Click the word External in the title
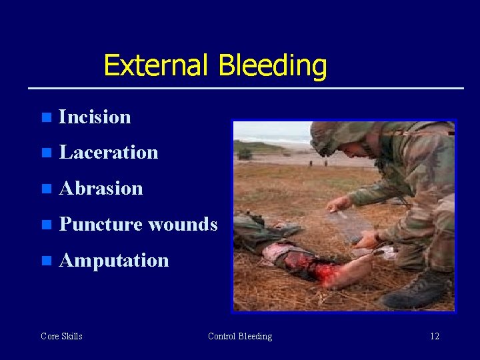[x=157, y=65]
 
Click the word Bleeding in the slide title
[x=273, y=67]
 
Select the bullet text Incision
[x=95, y=117]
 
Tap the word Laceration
[x=109, y=152]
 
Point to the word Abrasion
[x=101, y=188]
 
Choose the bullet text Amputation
[x=113, y=260]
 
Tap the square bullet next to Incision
[x=45, y=117]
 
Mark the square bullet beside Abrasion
[x=45, y=189]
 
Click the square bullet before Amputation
[x=45, y=261]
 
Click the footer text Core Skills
[x=61, y=336]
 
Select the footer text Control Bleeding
[x=240, y=336]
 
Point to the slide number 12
[x=435, y=336]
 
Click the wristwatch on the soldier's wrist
[x=378, y=235]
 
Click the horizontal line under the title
[x=245, y=88]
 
